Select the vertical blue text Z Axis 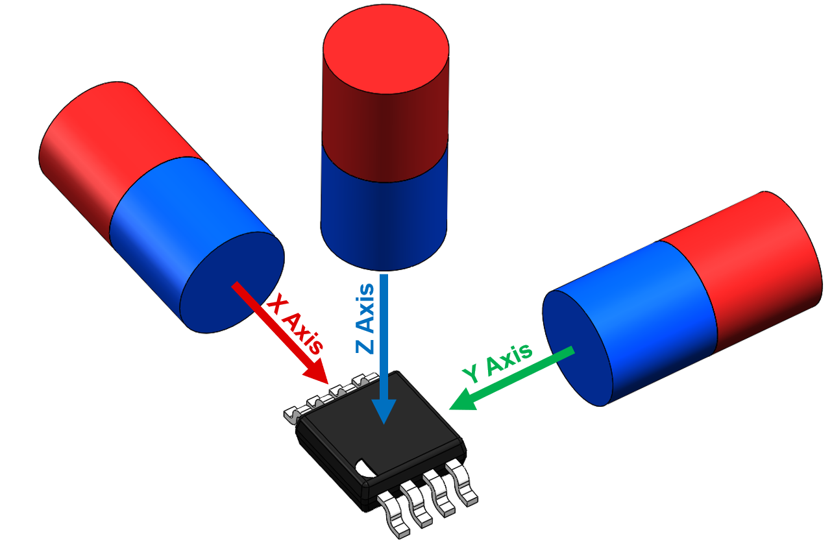click(366, 318)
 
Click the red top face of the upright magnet click(385, 51)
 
